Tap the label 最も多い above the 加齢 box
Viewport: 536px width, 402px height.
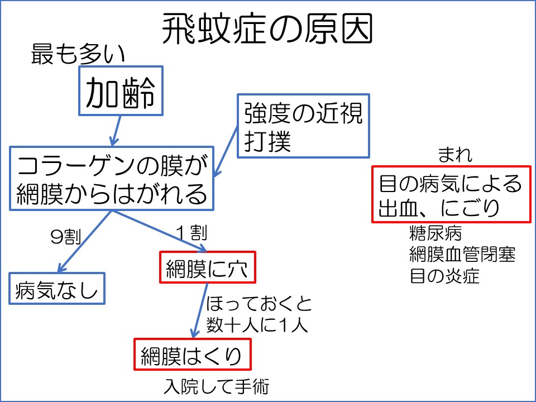[78, 54]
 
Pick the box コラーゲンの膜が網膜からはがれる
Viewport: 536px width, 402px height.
[112, 179]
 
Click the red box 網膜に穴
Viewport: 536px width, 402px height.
[208, 267]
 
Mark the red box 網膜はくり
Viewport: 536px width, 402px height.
[190, 354]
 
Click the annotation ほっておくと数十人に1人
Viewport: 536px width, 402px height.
[259, 315]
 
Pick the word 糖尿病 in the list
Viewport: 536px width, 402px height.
[435, 232]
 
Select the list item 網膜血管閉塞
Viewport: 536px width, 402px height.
[462, 254]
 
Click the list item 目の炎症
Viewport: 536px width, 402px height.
[444, 276]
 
